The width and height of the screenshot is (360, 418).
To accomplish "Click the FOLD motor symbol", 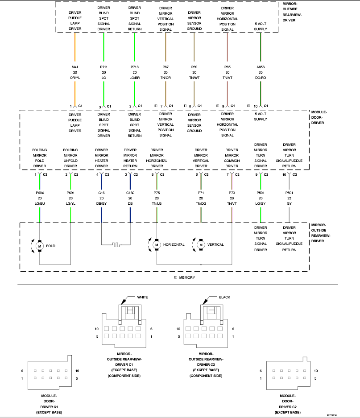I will click(39, 245).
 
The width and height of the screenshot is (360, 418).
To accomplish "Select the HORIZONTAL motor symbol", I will click(157, 244).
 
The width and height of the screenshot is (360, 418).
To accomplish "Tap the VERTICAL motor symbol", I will click(201, 244).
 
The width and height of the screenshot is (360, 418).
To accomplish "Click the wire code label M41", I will click(75, 67).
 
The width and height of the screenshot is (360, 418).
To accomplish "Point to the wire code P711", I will click(103, 67).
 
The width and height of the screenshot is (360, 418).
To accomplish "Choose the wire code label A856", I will click(261, 67).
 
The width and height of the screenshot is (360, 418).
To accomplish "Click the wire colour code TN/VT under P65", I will click(228, 78).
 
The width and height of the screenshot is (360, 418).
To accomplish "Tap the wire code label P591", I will click(289, 193).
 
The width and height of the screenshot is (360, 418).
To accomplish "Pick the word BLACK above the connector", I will click(224, 297).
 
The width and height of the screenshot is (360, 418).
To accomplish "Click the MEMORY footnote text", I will click(186, 277).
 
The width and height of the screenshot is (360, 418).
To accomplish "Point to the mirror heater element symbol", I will click(116, 244).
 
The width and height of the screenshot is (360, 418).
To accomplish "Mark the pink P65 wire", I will click(228, 49).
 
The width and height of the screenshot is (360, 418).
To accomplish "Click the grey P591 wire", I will click(289, 214).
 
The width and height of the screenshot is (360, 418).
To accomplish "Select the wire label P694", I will click(40, 193).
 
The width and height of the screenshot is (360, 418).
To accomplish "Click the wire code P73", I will click(232, 193).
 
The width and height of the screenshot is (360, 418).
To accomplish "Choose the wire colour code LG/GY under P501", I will click(260, 203).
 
